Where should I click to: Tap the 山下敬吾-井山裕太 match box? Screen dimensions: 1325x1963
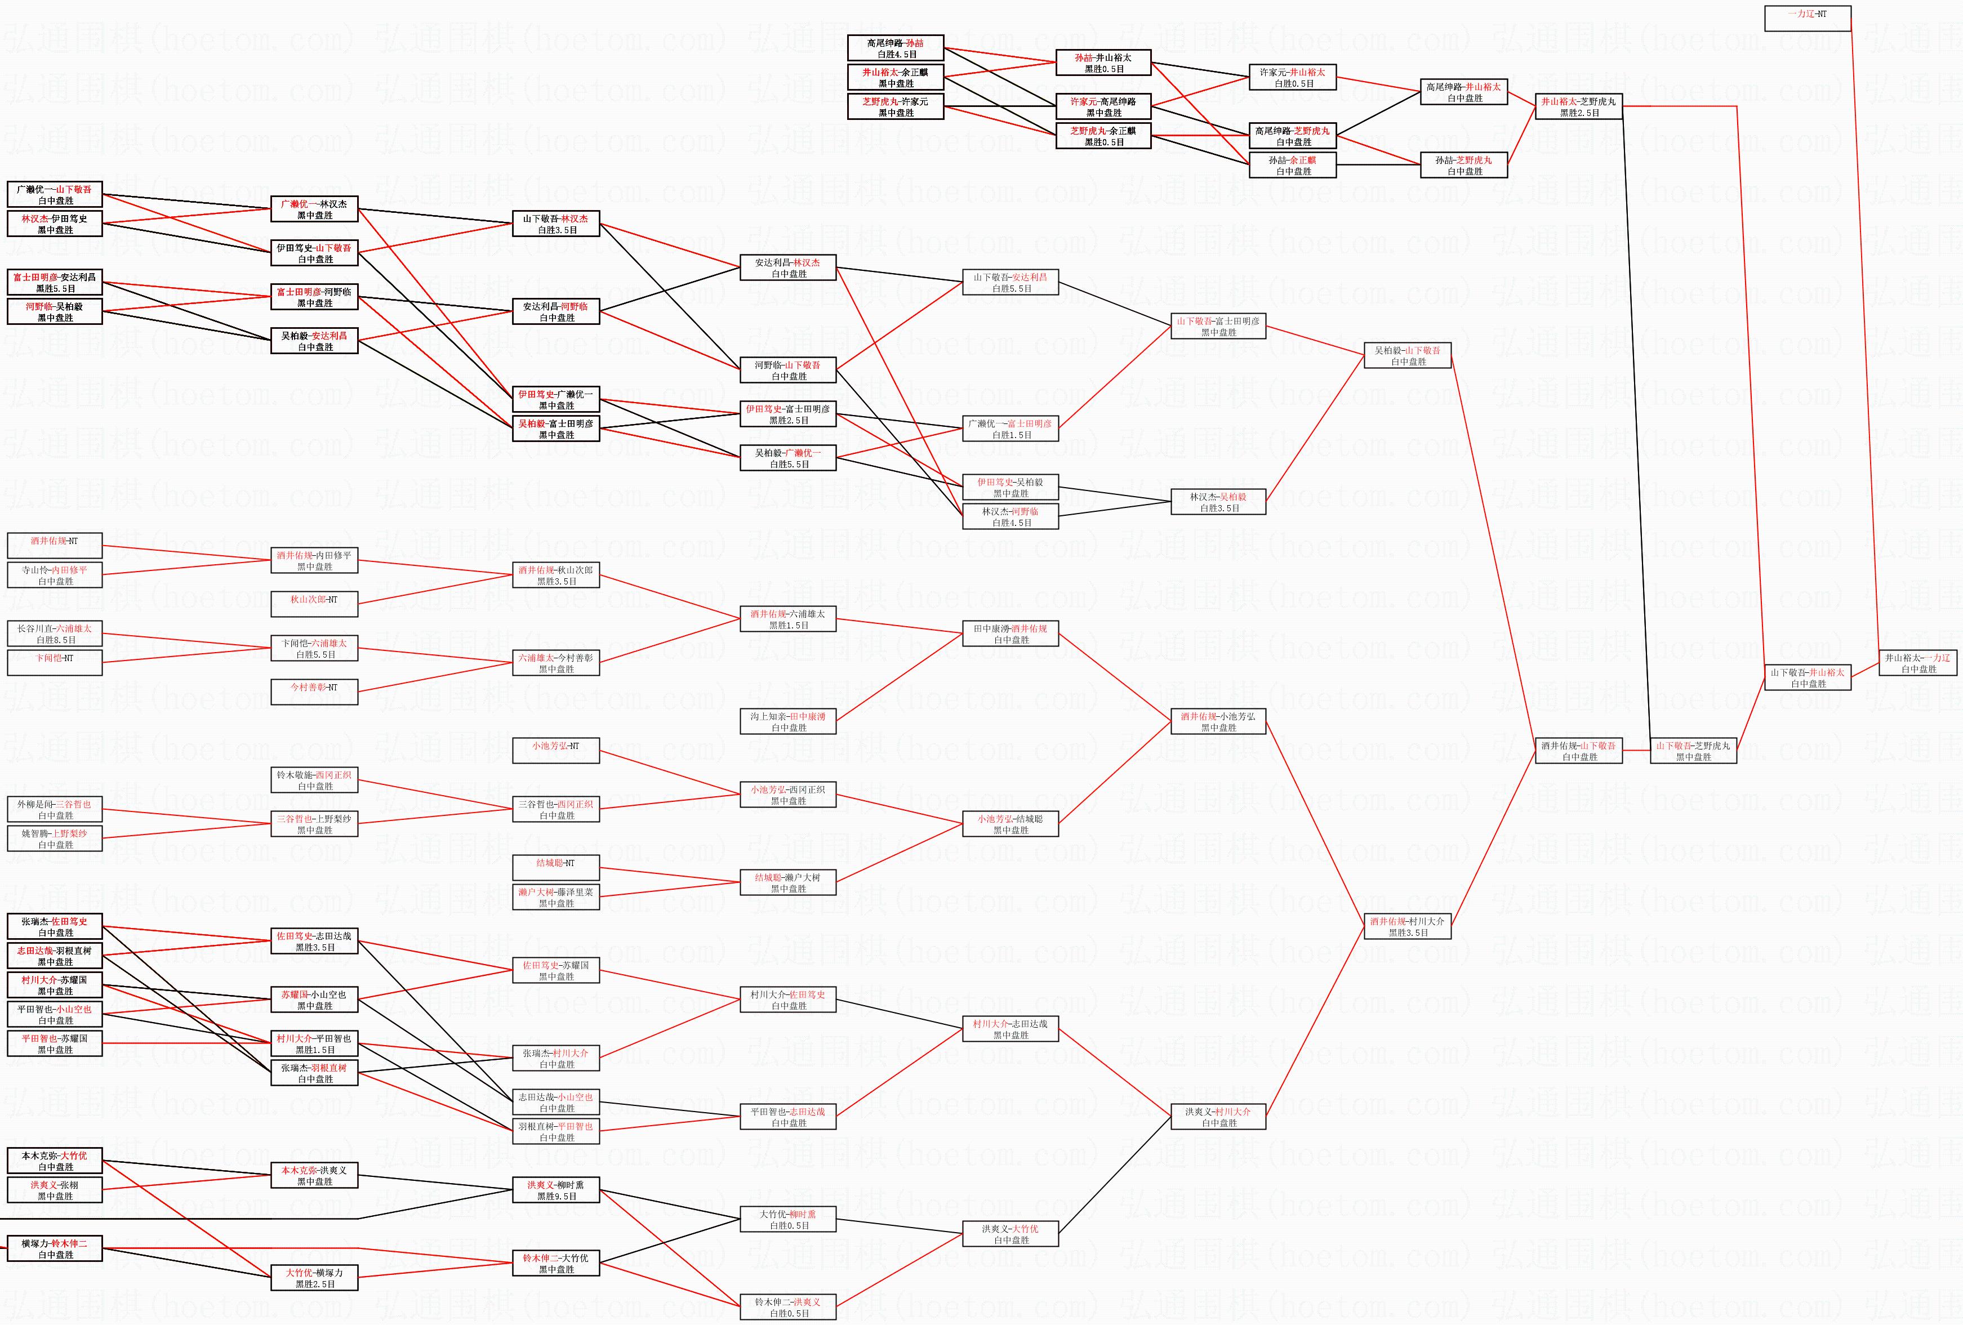pyautogui.click(x=1808, y=678)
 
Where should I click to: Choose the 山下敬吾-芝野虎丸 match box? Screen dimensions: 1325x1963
pyautogui.click(x=1693, y=751)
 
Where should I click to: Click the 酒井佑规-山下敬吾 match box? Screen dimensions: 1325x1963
pyautogui.click(x=1578, y=751)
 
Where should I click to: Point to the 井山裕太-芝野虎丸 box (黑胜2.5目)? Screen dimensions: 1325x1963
pyautogui.click(x=1578, y=106)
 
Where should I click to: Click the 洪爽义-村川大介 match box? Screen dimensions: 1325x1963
pyautogui.click(x=1218, y=1117)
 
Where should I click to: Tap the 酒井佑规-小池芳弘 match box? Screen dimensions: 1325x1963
pyautogui.click(x=1218, y=721)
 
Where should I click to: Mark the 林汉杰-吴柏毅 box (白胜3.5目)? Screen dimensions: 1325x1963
pyautogui.click(x=1218, y=502)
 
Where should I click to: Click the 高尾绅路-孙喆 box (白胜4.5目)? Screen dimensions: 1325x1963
pyautogui.click(x=896, y=48)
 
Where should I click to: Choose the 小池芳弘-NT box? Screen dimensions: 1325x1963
pyautogui.click(x=556, y=751)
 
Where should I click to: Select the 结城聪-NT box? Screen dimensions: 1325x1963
pyautogui.click(x=556, y=867)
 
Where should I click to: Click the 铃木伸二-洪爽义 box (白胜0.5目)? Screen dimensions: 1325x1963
pyautogui.click(x=787, y=1308)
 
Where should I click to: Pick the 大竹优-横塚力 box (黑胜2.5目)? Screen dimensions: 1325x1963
pyautogui.click(x=314, y=1278)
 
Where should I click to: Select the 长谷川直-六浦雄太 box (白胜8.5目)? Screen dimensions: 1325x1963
pyautogui.click(x=55, y=633)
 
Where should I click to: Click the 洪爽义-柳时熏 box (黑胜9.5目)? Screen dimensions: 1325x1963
pyautogui.click(x=556, y=1190)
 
